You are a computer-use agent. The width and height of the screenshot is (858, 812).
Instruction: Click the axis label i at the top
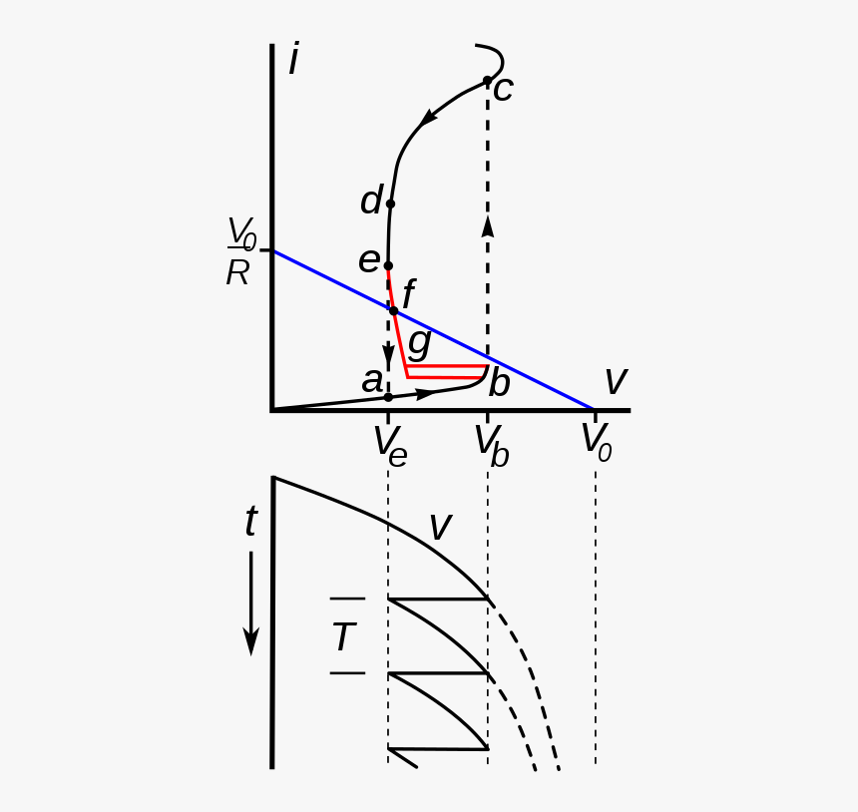pos(293,60)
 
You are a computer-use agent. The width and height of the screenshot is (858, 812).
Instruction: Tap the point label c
pos(503,90)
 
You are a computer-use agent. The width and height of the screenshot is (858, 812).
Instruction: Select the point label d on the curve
pos(371,202)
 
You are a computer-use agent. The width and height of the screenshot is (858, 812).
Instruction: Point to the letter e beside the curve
pos(369,260)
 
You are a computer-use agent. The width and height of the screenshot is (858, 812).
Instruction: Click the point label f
pos(408,296)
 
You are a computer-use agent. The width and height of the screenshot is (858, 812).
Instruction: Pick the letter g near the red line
pos(420,341)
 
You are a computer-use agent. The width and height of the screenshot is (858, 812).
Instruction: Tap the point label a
pos(372,380)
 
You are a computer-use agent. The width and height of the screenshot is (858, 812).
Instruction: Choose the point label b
pos(500,384)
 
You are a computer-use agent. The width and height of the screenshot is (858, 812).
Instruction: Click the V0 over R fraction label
pos(240,252)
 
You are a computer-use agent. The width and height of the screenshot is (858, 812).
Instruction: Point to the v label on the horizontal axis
pos(616,381)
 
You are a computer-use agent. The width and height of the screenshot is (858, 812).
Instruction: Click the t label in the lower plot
pos(250,522)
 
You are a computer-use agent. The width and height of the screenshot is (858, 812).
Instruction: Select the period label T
pos(344,637)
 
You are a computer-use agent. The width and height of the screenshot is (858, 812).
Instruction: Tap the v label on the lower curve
pos(440,526)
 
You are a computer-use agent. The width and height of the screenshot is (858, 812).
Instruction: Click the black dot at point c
pos(488,80)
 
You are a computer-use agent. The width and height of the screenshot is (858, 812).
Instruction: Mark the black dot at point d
pos(390,203)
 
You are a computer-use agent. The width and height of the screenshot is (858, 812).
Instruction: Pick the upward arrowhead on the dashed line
pos(488,225)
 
